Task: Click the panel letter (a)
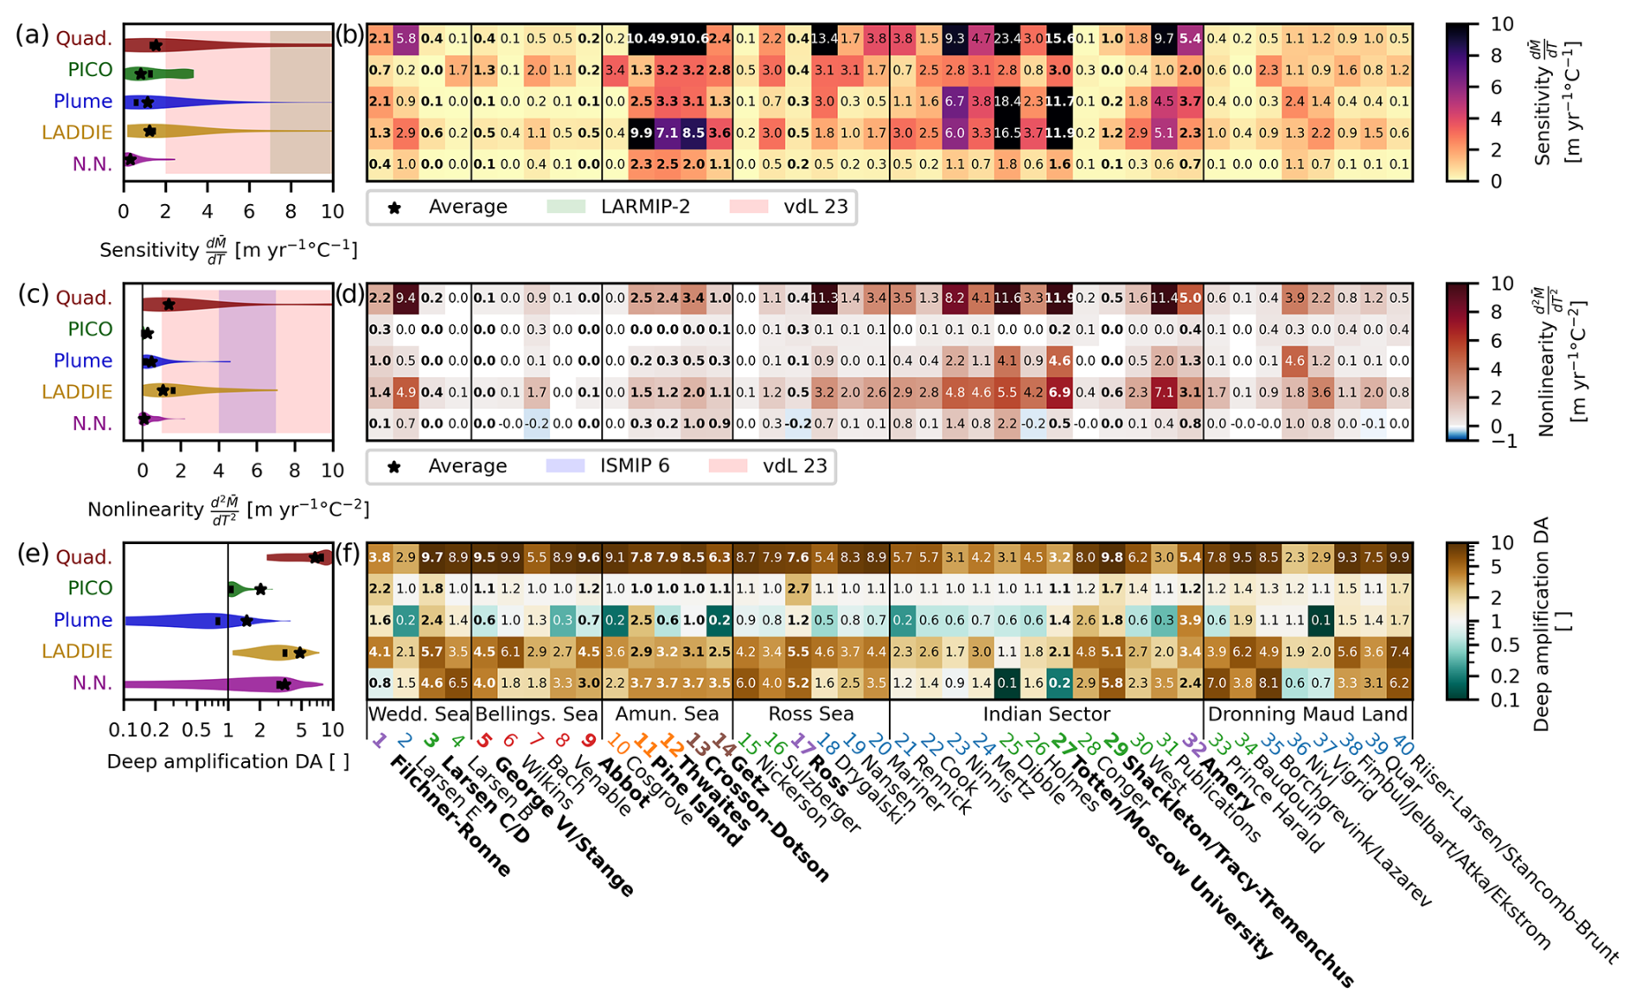point(33,36)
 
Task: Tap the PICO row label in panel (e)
point(90,588)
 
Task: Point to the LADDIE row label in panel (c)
point(77,392)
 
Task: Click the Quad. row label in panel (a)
point(84,38)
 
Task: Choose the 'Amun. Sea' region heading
point(666,714)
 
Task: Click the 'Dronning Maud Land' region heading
point(1307,714)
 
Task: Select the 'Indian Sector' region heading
point(1046,714)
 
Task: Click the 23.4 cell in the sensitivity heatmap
point(1007,39)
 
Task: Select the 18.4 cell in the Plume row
point(1007,102)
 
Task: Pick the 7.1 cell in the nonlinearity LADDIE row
point(1164,393)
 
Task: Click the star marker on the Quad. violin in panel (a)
point(156,45)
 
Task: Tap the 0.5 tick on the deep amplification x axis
point(196,730)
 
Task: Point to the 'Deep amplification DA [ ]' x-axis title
point(227,762)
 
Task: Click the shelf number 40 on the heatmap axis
point(1403,742)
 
